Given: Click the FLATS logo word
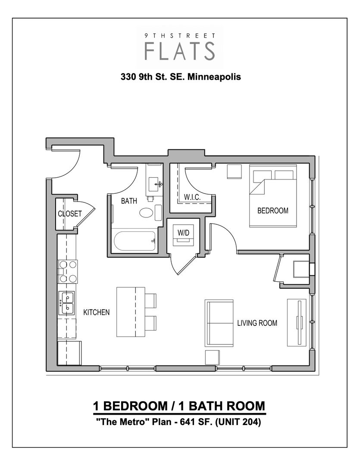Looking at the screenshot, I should click(x=180, y=51).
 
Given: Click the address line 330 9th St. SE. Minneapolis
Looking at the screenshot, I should click(x=180, y=78).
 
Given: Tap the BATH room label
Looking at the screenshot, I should click(x=129, y=201).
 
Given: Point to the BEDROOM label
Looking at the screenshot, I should click(x=272, y=211).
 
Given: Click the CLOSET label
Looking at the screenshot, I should click(x=70, y=214).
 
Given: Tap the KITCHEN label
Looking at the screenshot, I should click(x=97, y=312).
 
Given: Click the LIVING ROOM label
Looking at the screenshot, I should click(x=257, y=323).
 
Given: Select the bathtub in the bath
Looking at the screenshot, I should click(x=135, y=242).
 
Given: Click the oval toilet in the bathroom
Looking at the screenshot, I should click(x=147, y=213).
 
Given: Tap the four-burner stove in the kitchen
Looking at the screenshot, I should click(x=67, y=271).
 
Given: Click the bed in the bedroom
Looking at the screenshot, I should click(x=272, y=198).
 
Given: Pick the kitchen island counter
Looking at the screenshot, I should click(x=131, y=312).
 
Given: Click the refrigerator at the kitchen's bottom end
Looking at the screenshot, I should click(x=69, y=353).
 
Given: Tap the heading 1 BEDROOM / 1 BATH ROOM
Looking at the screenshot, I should click(x=179, y=406).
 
